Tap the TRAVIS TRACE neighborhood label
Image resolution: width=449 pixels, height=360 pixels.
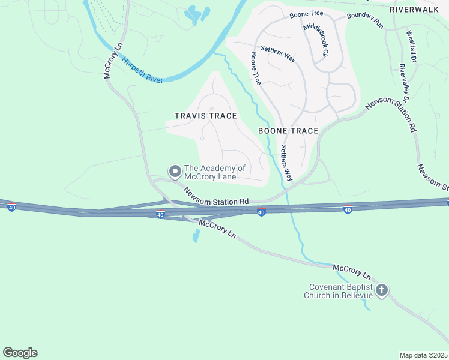tap(205, 116)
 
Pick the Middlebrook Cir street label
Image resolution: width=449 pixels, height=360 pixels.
tap(316, 41)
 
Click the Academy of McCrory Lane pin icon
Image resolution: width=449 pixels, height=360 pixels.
tap(175, 172)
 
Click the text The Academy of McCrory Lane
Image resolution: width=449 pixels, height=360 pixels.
tap(215, 173)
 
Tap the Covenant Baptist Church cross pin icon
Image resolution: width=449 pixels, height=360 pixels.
tap(381, 291)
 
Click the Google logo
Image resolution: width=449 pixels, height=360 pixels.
tap(20, 353)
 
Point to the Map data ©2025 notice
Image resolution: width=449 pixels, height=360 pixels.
tap(423, 355)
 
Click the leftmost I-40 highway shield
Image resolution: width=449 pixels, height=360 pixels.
tap(11, 207)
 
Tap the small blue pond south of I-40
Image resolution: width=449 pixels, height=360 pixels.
tap(196, 236)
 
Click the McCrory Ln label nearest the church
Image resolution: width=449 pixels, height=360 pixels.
tap(352, 271)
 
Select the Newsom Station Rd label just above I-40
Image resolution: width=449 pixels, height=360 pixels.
tap(216, 197)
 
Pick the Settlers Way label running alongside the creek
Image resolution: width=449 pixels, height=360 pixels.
tap(286, 164)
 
